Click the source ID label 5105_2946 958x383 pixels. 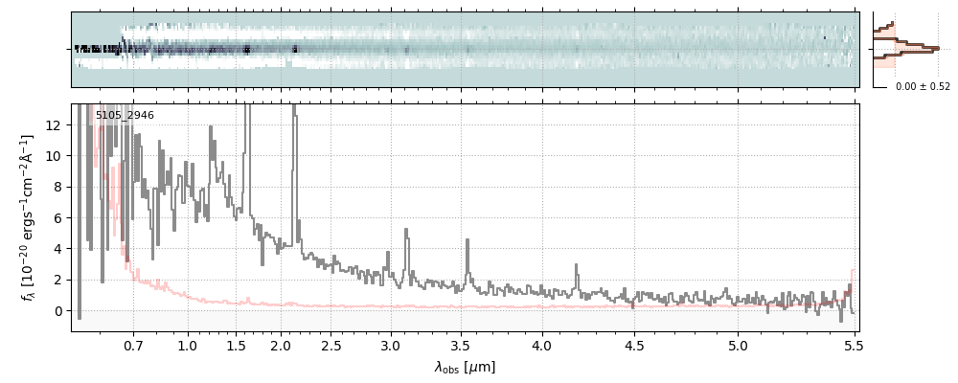click(125, 116)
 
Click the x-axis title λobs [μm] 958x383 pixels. click(465, 367)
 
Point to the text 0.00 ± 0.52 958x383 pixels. click(923, 87)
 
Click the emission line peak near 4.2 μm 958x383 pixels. click(576, 265)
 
